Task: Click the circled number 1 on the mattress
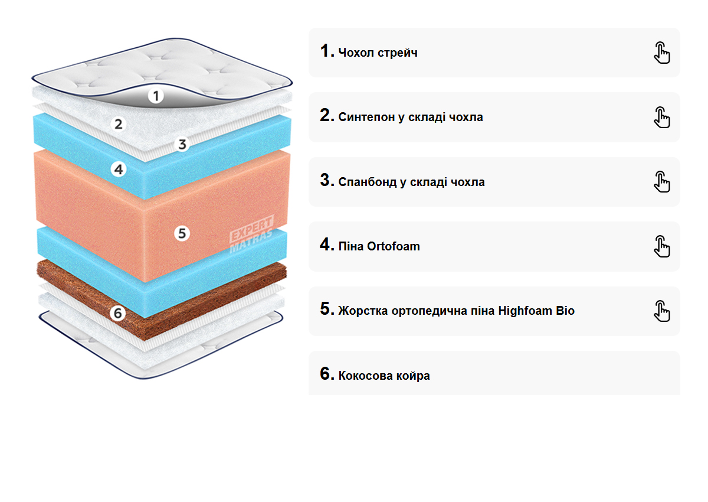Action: click(155, 95)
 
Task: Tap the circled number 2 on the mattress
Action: click(119, 124)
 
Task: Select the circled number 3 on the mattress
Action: click(182, 144)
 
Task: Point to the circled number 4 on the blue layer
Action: click(119, 169)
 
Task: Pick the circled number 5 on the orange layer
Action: click(182, 233)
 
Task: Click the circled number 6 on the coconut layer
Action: click(118, 313)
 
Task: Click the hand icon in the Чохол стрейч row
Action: click(662, 53)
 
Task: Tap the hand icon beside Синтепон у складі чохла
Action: click(662, 117)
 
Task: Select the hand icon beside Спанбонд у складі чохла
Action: click(662, 181)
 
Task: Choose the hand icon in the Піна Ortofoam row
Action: click(662, 246)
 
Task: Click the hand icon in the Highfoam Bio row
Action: click(662, 311)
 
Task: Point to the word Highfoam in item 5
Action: click(525, 311)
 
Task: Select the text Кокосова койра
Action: click(384, 376)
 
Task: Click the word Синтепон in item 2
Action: click(366, 118)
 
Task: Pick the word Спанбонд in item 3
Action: click(368, 182)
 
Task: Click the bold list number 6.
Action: click(327, 374)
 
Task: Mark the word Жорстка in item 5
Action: click(362, 311)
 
